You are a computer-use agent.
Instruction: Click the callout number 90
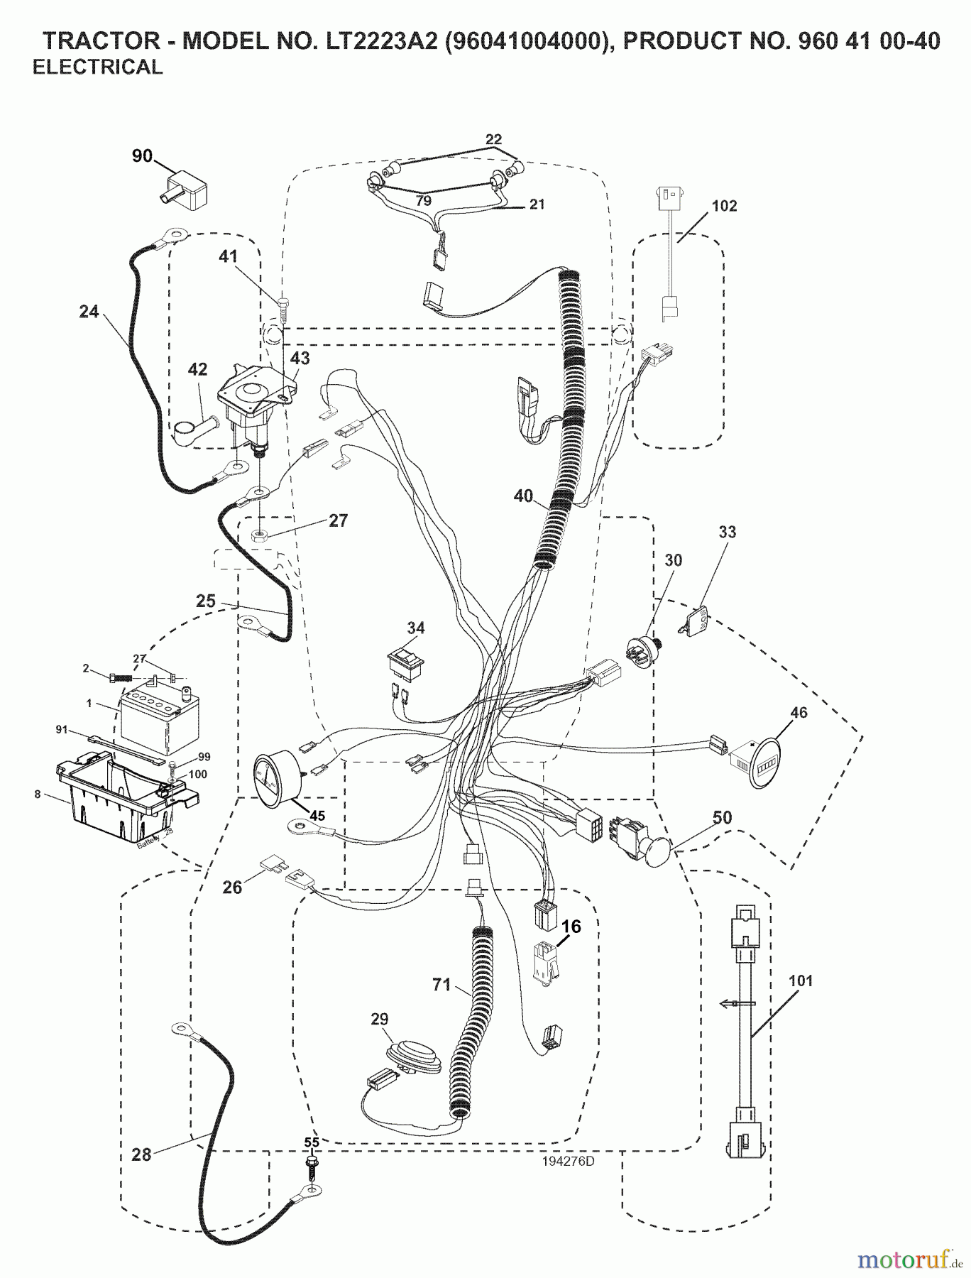[x=142, y=155]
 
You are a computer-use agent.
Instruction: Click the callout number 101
[x=800, y=981]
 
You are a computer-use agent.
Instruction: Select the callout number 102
[x=724, y=206]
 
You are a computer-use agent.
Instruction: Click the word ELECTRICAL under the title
[x=98, y=67]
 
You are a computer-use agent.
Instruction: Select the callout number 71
[x=441, y=985]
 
